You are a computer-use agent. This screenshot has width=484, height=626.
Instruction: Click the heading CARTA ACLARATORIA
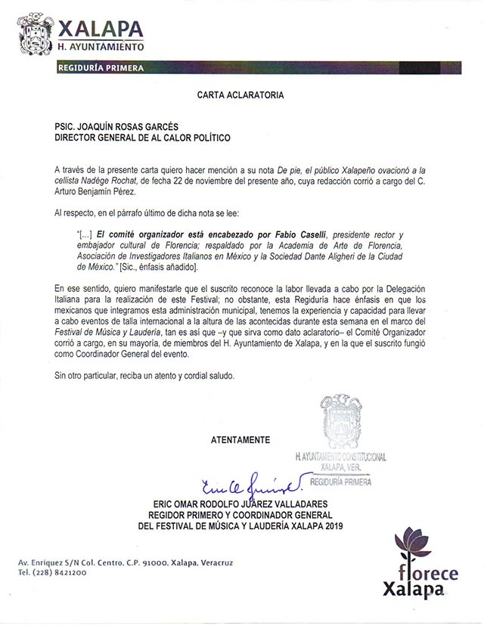pos(240,96)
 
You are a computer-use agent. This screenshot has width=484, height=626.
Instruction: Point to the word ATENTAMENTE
pos(240,439)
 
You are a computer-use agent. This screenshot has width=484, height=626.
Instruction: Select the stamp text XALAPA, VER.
pos(341,468)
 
